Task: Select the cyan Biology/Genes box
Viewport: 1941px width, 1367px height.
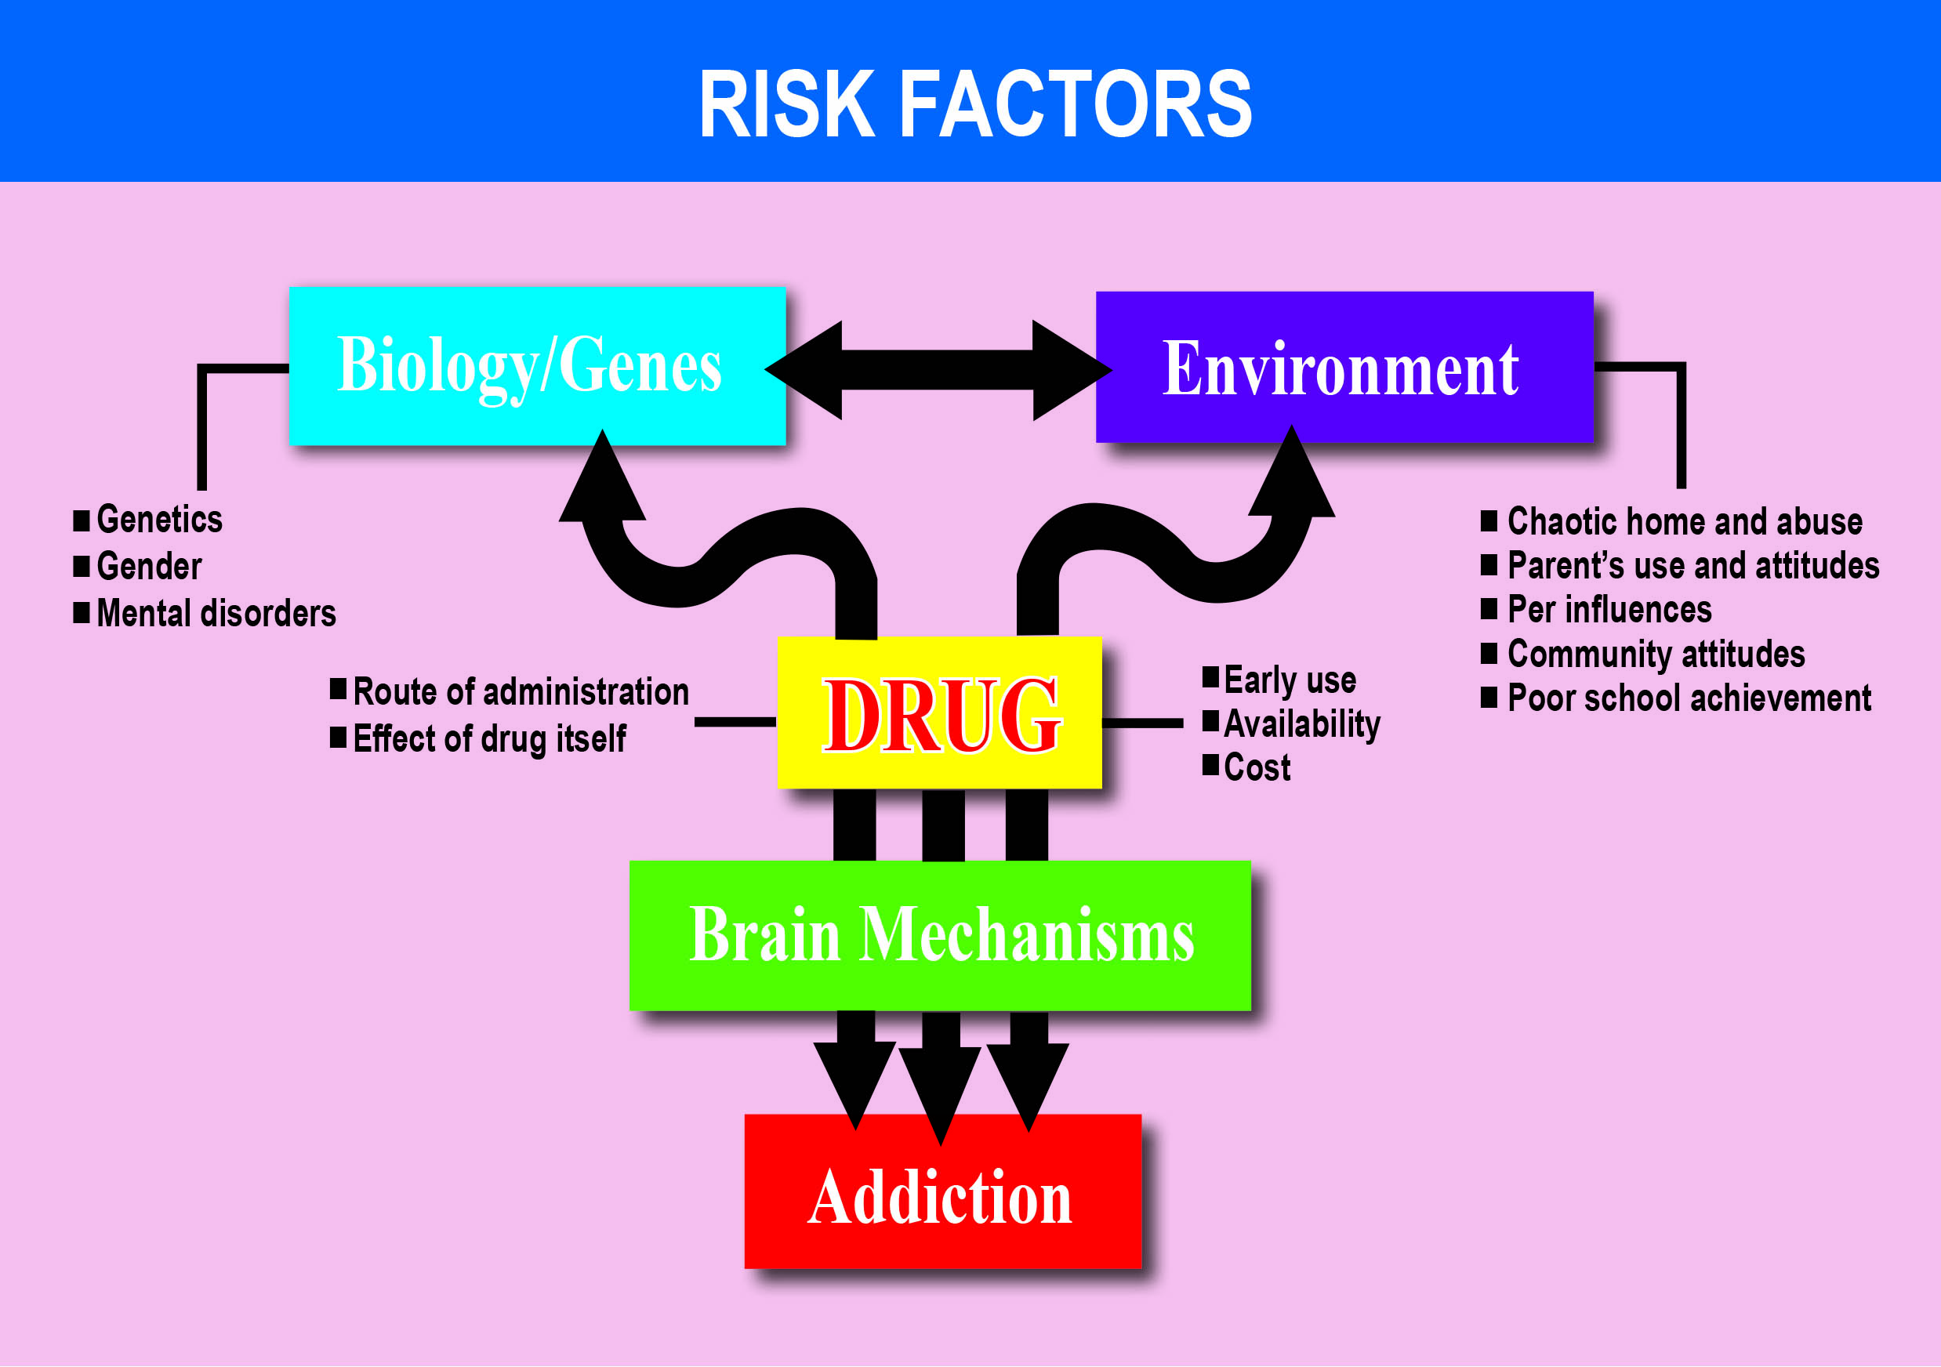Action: (537, 365)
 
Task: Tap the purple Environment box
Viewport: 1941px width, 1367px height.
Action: (1344, 368)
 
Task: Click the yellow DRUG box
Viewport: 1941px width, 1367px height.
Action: (938, 713)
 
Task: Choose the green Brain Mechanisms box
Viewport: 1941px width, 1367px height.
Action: (940, 935)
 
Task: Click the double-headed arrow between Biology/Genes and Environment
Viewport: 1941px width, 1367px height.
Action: (938, 369)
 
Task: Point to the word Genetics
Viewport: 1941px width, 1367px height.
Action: (160, 519)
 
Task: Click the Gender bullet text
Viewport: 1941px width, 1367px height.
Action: (150, 567)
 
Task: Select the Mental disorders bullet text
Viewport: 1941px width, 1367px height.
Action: (216, 613)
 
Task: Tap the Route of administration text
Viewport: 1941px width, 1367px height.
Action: (521, 691)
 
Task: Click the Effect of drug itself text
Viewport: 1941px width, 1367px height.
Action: (489, 739)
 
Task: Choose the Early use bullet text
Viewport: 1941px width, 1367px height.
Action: (1290, 680)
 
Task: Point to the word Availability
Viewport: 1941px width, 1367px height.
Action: (1302, 723)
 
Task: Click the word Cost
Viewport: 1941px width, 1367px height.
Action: (1257, 767)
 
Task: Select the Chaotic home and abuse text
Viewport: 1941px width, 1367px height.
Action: (1685, 521)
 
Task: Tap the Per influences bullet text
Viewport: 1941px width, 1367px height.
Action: (1609, 610)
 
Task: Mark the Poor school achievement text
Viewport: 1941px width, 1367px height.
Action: (1689, 698)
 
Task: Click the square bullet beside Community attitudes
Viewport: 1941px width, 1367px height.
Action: (1489, 653)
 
